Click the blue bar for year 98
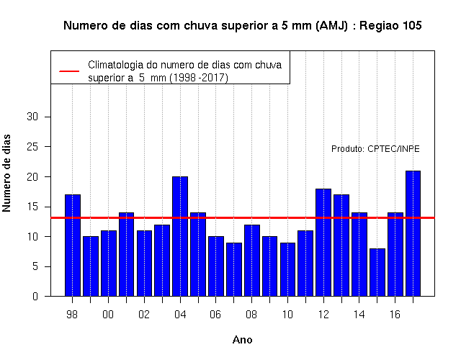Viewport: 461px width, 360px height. tap(73, 245)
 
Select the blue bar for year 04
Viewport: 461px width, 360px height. tap(180, 236)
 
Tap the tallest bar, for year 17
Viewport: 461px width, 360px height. tap(413, 233)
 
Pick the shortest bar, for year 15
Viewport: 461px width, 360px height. tap(377, 272)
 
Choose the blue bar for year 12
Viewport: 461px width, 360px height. tap(323, 243)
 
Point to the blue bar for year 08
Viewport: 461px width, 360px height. tap(252, 261)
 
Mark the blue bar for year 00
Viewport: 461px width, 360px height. tap(109, 264)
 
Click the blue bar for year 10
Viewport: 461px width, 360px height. tap(287, 269)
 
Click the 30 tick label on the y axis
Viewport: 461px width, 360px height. tap(32, 117)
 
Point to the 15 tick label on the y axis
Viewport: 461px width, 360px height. tap(32, 207)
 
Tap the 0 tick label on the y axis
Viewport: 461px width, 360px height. tap(35, 296)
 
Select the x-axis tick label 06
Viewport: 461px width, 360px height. tap(215, 315)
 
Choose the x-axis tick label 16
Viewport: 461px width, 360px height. tap(395, 315)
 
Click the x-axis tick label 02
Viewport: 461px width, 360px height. tap(144, 315)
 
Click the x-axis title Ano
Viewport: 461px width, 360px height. tap(243, 340)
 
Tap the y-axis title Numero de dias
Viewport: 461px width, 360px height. tap(6, 174)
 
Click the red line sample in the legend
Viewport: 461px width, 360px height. tap(69, 71)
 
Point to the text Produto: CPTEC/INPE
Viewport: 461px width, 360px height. tap(375, 149)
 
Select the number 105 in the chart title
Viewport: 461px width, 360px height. tap(412, 26)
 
